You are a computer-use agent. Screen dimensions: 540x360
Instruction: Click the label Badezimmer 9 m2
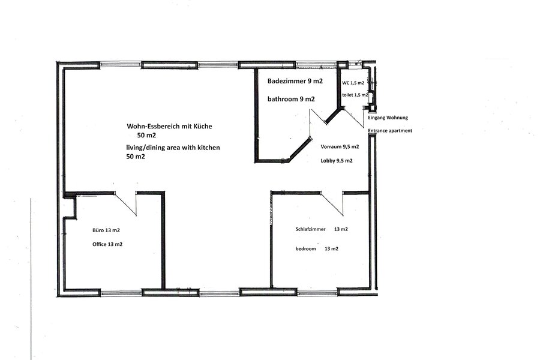point(295,82)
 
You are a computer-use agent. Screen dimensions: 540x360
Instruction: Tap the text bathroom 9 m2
point(291,99)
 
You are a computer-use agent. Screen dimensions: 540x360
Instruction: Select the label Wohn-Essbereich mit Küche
point(169,127)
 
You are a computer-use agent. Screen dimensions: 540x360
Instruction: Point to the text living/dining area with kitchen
point(173,148)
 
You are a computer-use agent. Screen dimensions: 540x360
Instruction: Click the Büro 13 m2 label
point(106,230)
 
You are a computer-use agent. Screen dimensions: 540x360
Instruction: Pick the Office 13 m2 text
point(107,244)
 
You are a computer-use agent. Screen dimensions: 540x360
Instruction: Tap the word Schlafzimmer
point(310,229)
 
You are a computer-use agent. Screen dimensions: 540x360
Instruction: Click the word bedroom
point(305,249)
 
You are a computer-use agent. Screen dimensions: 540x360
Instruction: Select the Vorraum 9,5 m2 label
point(340,147)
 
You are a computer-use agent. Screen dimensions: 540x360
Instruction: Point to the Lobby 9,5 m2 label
point(337,161)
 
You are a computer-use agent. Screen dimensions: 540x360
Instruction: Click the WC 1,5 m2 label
point(353,83)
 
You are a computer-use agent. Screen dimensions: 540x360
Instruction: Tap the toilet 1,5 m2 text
point(355,95)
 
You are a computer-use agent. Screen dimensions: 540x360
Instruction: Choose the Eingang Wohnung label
point(388,118)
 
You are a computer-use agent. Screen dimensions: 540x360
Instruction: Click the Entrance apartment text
point(390,131)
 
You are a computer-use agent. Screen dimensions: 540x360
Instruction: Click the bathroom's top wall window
point(316,64)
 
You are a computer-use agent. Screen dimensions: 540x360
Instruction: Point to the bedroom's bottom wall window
point(317,293)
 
